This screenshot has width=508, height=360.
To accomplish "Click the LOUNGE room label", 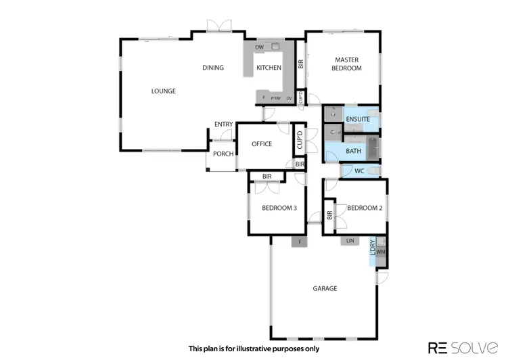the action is pos(163,91).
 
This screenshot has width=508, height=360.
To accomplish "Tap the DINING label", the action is pos(213,68).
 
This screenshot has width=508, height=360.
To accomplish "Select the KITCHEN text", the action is pos(269,68).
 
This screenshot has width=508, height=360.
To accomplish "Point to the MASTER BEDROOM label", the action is pos(346,64).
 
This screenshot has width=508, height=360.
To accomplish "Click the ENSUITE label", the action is pos(358,119).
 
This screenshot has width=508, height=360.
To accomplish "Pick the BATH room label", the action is pos(353,151).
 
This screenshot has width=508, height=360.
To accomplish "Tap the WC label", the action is pos(359,171).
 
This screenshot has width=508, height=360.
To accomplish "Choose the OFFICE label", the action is pos(262,144).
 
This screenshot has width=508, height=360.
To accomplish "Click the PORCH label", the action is pos(223,154).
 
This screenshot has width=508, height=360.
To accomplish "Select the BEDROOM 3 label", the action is pos(279,208).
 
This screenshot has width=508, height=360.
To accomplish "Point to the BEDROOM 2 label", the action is pos(365,208).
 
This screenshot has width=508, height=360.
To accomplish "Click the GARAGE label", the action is pos(325,288).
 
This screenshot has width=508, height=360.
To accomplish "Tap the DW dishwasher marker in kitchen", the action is pos(259,47).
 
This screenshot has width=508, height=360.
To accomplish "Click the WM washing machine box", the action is pos(381,252).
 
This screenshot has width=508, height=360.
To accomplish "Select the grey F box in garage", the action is pos(300,242).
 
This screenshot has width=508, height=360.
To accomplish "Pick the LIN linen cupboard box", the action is pos(350,241).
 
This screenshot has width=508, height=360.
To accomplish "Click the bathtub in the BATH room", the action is pos(373,148).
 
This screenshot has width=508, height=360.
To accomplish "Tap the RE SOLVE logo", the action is pos(463,348).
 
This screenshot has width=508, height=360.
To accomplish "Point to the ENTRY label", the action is pos(223,124).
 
